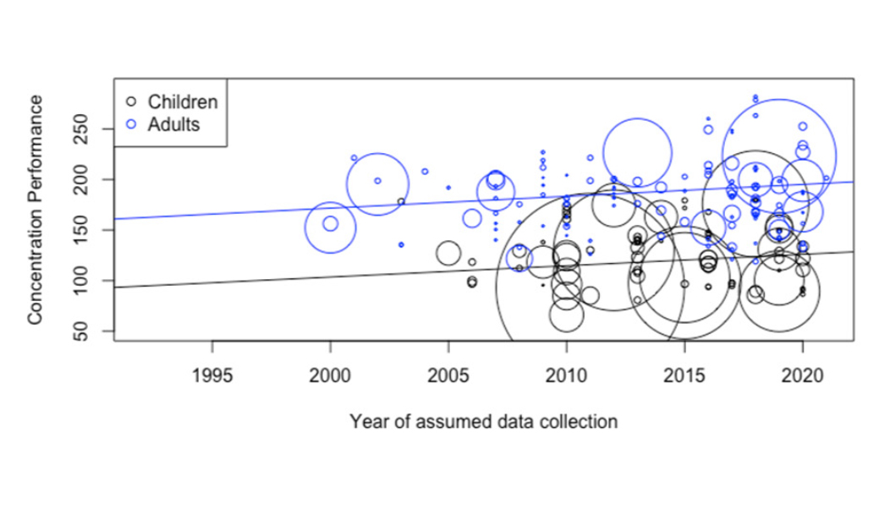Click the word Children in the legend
(183, 102)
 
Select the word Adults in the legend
(173, 123)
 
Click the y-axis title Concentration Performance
(35, 209)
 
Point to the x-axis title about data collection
(483, 420)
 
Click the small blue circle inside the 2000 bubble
(331, 224)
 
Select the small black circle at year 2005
(448, 253)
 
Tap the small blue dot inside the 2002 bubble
(377, 180)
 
